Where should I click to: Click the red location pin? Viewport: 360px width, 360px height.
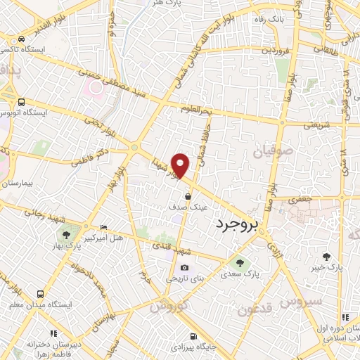(181, 165)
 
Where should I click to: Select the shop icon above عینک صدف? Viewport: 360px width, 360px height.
(188, 195)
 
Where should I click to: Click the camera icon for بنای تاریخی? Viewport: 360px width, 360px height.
(184, 267)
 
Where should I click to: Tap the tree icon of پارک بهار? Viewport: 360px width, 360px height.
(66, 236)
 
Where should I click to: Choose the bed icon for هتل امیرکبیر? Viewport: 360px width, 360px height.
(104, 228)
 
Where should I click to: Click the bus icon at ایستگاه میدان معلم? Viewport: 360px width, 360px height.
(41, 294)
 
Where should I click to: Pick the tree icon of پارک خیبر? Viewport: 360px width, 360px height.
(326, 257)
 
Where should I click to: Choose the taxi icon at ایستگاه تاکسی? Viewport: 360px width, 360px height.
(23, 39)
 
